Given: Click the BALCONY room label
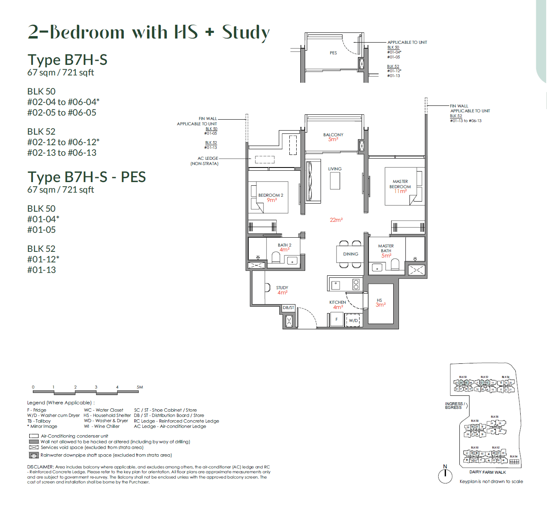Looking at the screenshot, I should [333, 135].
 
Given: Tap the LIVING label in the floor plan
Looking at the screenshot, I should [335, 169].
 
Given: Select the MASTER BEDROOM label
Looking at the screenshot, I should [400, 184].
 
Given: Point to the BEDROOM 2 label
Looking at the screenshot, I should [271, 195].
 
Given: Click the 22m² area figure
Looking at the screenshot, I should [336, 220].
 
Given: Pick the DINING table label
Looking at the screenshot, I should [351, 254].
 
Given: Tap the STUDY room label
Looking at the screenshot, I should [282, 288].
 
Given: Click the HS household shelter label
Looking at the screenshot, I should [379, 301].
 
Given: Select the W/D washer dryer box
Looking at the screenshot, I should [353, 320].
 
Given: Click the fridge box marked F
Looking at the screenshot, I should [336, 320].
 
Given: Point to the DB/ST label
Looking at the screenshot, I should [289, 308].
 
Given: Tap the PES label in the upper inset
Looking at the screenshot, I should [333, 53].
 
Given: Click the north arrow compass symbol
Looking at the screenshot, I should [445, 475].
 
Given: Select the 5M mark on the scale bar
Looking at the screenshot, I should [140, 387].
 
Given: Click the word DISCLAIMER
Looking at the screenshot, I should [40, 467].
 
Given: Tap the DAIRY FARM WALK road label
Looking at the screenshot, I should [487, 472].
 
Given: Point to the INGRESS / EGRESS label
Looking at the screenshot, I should [454, 406].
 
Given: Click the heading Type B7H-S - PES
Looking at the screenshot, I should [86, 177].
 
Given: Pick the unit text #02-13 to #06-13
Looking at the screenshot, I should [62, 153].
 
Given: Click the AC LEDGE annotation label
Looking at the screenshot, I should [208, 159].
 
